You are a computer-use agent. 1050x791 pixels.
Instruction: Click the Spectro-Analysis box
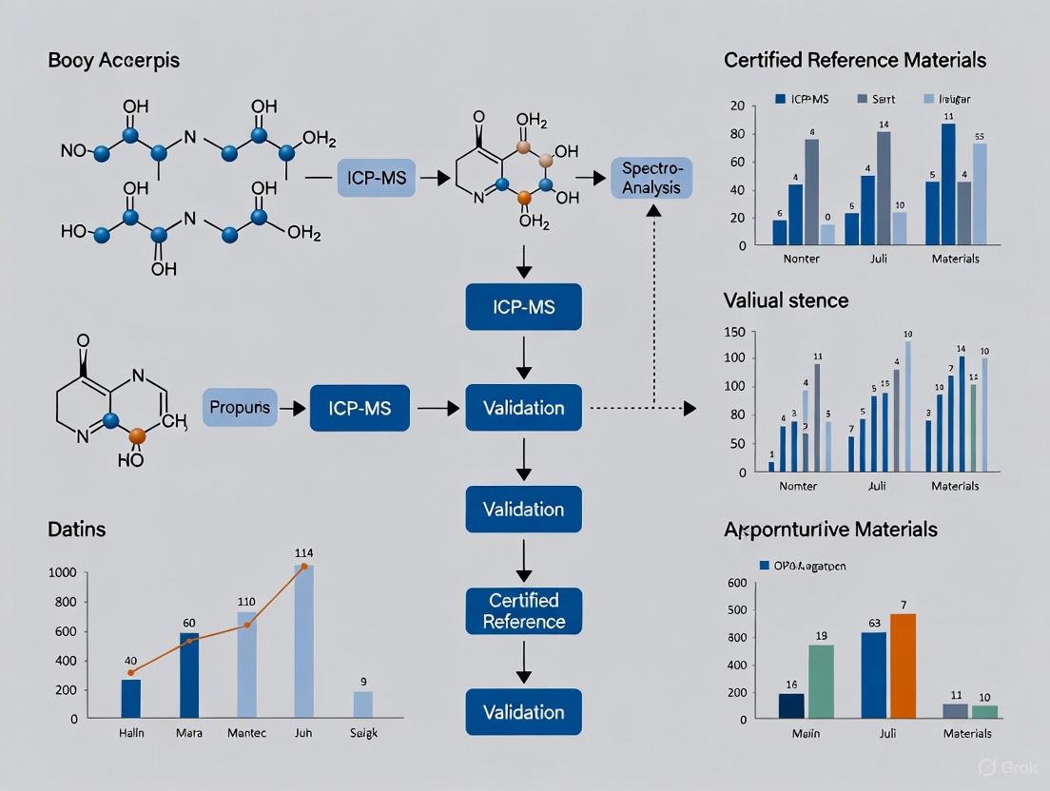[x=651, y=178]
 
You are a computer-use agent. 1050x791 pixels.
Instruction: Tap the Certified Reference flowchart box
[x=523, y=611]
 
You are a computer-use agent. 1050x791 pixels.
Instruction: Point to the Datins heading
[x=77, y=529]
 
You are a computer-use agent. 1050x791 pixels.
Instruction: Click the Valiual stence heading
[x=786, y=300]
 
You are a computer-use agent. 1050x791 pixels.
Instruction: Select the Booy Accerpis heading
[x=113, y=61]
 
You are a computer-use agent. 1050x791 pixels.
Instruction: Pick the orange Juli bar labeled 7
[x=903, y=666]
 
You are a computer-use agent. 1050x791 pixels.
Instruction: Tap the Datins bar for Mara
[x=189, y=675]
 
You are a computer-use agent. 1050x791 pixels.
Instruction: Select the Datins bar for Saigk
[x=363, y=704]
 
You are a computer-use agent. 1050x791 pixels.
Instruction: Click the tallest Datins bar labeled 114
[x=304, y=642]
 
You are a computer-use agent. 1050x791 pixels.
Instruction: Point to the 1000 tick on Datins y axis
[x=60, y=572]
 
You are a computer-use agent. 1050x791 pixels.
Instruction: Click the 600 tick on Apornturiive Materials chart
[x=735, y=584]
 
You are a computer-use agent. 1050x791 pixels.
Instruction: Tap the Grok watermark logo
[x=987, y=767]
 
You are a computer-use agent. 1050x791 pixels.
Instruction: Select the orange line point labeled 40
[x=131, y=672]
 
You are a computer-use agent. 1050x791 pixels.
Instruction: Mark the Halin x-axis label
[x=130, y=734]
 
